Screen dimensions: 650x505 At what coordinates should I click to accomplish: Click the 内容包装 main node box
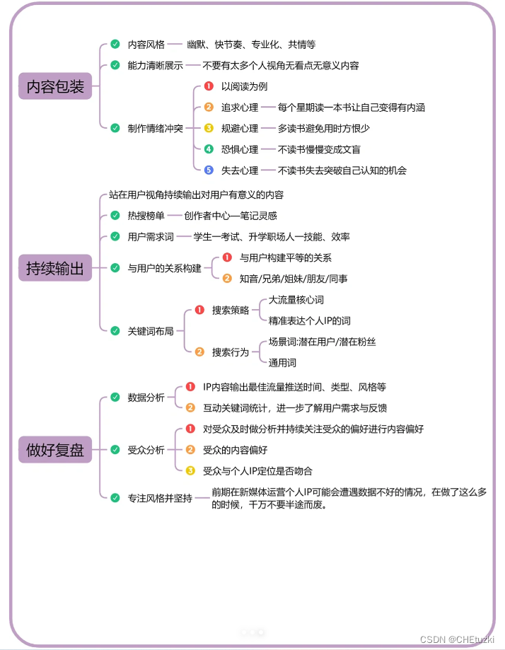55,87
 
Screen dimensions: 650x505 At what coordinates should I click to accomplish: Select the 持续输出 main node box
55,269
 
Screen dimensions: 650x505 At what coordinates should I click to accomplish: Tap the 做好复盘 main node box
55,450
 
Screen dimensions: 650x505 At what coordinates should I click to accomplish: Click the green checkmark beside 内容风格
115,45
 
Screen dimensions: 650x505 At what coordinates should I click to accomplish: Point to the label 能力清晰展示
156,66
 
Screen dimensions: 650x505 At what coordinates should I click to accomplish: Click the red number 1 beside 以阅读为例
209,86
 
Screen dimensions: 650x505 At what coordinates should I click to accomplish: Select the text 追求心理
240,108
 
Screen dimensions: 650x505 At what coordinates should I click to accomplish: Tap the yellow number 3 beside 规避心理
209,129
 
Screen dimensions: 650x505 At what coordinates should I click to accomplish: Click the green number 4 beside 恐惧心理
209,149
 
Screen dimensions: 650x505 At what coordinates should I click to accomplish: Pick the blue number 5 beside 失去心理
209,170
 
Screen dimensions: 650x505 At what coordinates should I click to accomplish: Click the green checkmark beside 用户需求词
115,236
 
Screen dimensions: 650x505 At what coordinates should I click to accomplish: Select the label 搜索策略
231,311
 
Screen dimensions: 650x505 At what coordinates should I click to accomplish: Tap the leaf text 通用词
282,363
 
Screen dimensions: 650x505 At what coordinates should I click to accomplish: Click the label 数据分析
146,397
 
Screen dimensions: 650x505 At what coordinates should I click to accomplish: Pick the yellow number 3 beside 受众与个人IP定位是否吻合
190,470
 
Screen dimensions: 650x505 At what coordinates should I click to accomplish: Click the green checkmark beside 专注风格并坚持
115,498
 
